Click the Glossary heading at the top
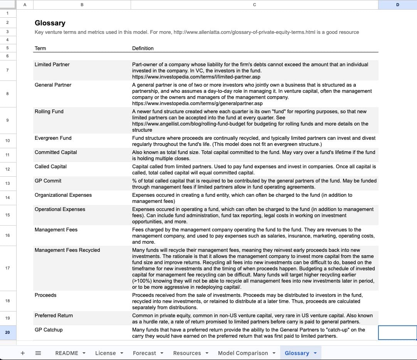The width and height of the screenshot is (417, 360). (x=50, y=23)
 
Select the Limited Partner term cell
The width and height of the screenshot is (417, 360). (x=52, y=65)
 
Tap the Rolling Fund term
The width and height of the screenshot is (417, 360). (x=49, y=112)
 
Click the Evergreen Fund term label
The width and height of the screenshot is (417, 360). (x=53, y=138)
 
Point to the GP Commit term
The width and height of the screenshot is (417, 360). (x=48, y=181)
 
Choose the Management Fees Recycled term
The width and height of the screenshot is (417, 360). (x=67, y=250)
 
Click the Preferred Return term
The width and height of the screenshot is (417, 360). (x=54, y=316)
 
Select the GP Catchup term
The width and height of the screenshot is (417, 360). (x=49, y=330)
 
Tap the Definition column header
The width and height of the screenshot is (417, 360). (x=143, y=49)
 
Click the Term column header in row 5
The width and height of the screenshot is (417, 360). (x=40, y=49)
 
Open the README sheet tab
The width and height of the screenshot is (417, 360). (x=67, y=353)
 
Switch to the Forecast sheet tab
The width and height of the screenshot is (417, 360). (x=145, y=353)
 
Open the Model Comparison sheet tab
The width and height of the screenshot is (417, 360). (x=243, y=353)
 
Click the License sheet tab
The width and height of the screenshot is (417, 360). (x=106, y=353)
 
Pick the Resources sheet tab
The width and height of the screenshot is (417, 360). (x=187, y=353)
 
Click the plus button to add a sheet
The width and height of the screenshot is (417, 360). (x=23, y=353)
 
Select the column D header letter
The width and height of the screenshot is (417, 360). (x=397, y=5)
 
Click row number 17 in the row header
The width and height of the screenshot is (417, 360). (x=8, y=268)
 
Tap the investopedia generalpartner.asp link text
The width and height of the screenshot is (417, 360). (x=197, y=104)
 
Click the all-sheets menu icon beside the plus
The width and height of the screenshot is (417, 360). (x=38, y=353)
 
